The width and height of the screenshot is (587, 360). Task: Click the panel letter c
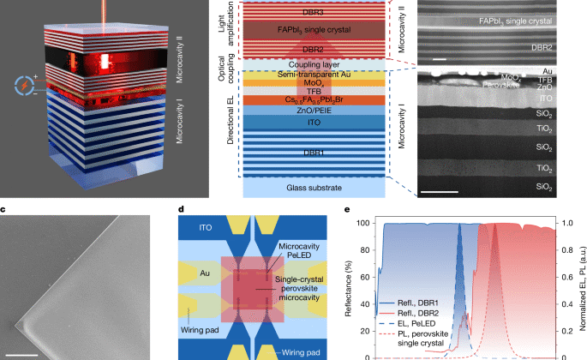4,209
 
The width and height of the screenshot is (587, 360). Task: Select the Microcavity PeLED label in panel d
297,254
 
